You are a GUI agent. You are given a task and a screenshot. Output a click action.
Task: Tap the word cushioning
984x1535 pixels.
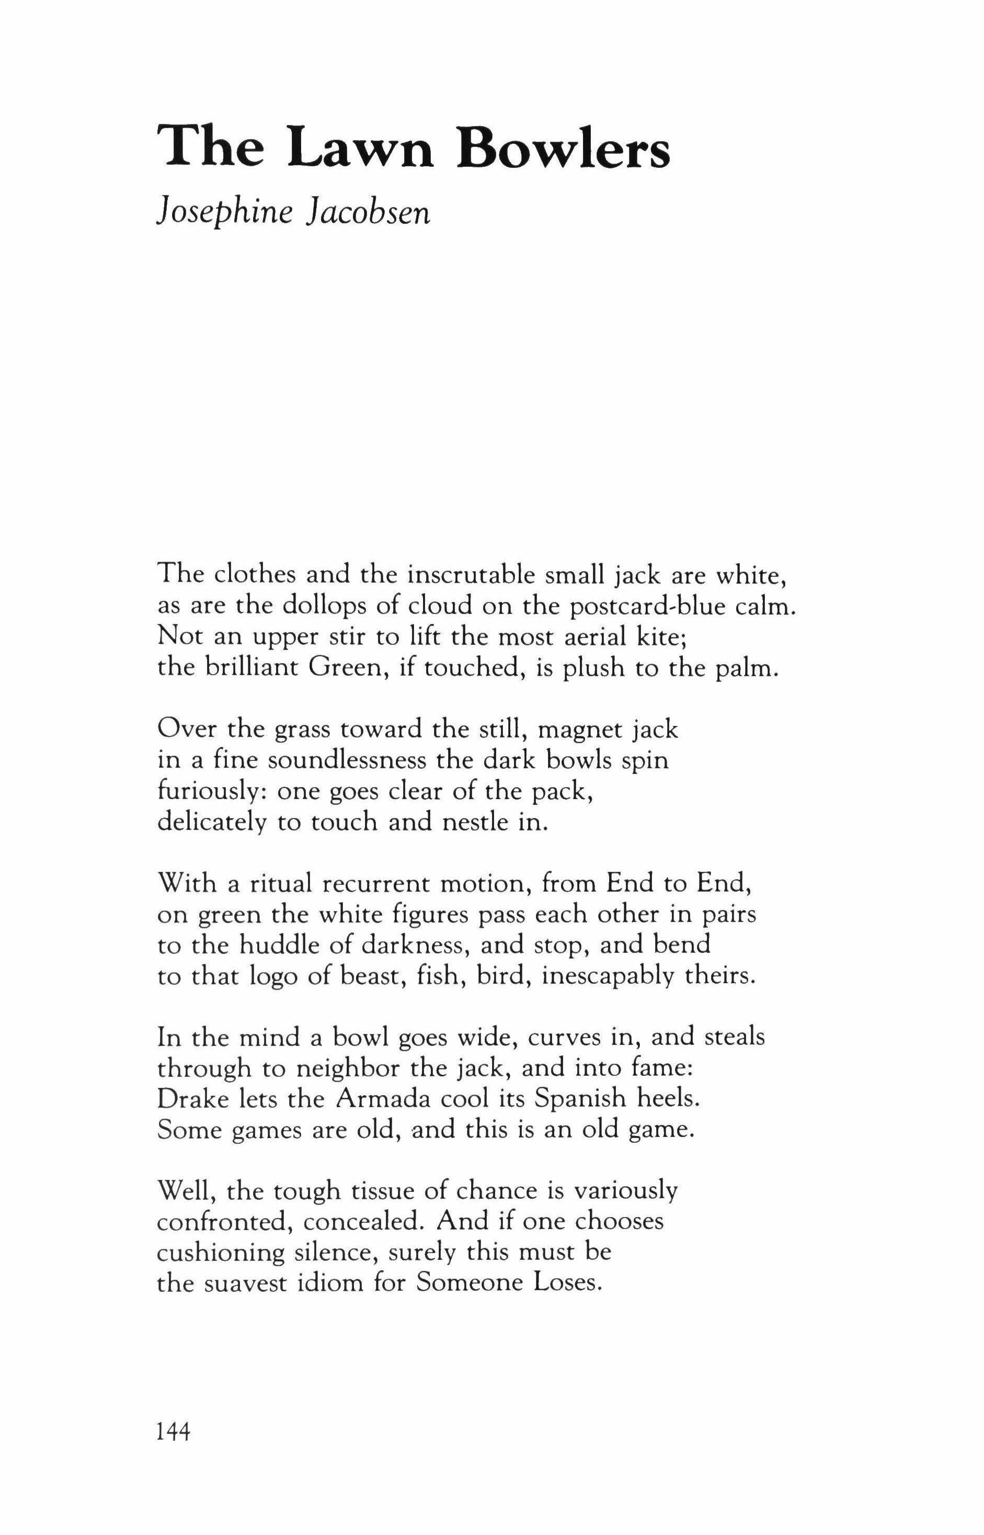221,1252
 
